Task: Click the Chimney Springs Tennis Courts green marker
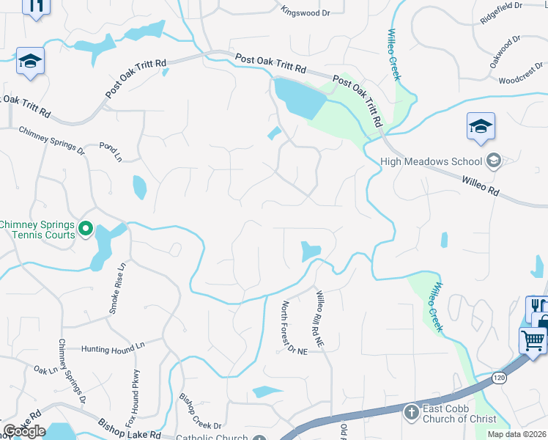tap(86, 230)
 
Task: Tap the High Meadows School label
tap(432, 161)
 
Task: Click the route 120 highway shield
tap(499, 378)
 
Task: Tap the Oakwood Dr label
tap(506, 48)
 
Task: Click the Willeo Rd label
tap(480, 185)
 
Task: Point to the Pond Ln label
tap(111, 152)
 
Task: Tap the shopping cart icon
tap(533, 340)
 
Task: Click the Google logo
tap(25, 431)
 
